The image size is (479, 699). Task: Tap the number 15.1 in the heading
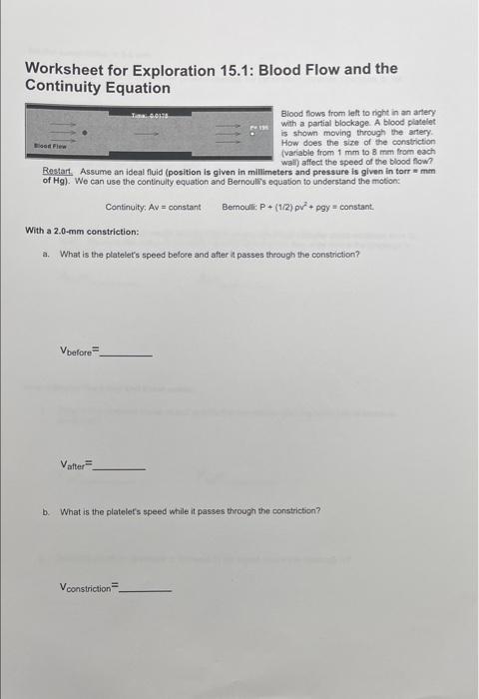(232, 69)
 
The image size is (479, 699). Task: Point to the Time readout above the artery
(153, 117)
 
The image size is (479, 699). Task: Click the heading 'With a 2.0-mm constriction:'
(82, 231)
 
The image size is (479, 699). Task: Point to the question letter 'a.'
(46, 254)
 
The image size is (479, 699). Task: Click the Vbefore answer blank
(128, 352)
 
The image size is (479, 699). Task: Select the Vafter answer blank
(119, 466)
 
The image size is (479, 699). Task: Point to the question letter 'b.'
(46, 510)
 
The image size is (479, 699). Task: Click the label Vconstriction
(88, 588)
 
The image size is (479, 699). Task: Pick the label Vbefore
(80, 351)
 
